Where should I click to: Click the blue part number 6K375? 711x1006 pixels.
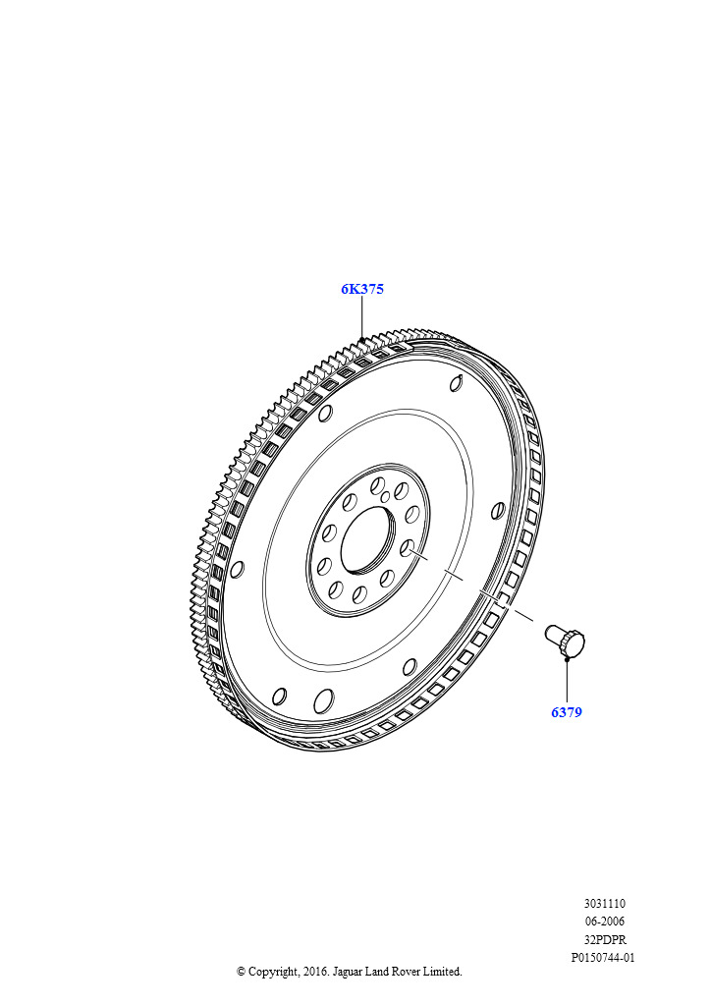tap(362, 290)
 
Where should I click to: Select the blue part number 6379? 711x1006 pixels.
tap(567, 712)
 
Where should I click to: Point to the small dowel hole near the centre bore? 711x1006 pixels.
tap(385, 496)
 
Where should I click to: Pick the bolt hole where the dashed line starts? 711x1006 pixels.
tap(407, 548)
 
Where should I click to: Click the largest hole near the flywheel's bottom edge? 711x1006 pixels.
tap(324, 700)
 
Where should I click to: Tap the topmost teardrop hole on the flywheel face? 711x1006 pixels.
tap(456, 383)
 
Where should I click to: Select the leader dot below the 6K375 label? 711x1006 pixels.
tap(361, 339)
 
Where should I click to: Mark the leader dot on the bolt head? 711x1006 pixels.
tap(567, 657)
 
